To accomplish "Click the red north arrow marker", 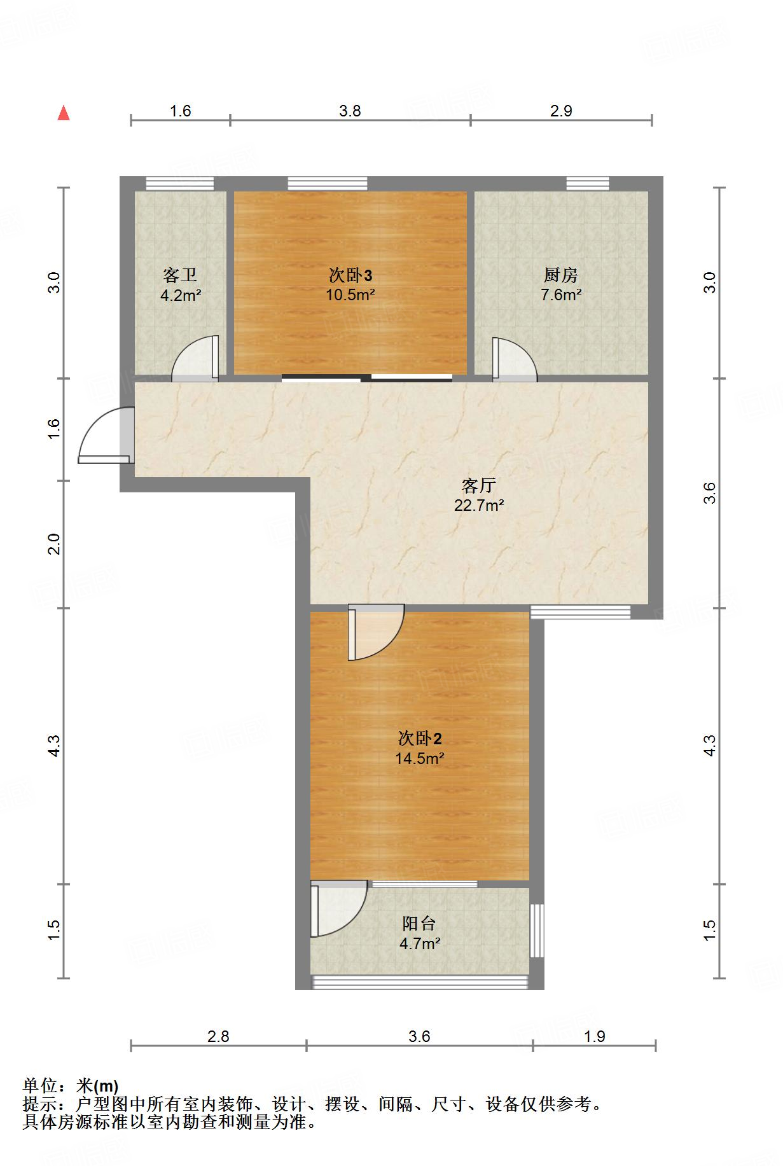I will [x=64, y=113].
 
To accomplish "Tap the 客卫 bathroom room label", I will [x=180, y=275].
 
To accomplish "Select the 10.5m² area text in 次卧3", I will [x=350, y=295].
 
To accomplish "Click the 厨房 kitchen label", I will [x=561, y=275].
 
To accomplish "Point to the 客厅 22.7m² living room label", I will [x=479, y=496].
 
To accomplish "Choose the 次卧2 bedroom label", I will [x=419, y=739].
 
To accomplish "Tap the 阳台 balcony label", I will [x=419, y=924].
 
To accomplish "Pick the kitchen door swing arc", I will [x=515, y=360].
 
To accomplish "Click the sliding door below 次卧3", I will [x=367, y=378].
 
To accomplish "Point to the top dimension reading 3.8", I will [x=350, y=111].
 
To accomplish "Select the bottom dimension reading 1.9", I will [x=594, y=1036].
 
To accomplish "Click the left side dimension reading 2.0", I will [x=55, y=545].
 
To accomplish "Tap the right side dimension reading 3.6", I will [x=710, y=493].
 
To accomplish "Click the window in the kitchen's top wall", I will [x=588, y=184].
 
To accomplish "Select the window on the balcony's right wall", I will [x=537, y=930].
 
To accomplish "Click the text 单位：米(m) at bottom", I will [x=71, y=1086].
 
